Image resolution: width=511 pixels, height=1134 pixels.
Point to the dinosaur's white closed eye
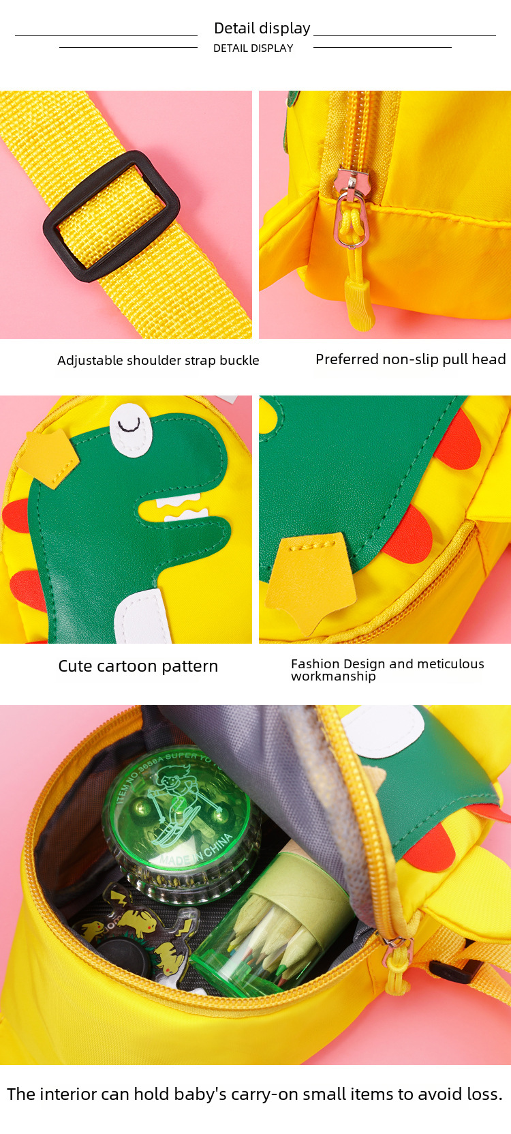coord(131,430)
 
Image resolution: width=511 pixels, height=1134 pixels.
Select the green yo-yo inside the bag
coord(182,826)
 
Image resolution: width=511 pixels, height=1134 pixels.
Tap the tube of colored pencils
coord(273,926)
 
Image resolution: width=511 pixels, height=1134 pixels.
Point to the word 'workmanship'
coord(333,676)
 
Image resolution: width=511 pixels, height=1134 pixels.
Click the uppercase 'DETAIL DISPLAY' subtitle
coord(253,48)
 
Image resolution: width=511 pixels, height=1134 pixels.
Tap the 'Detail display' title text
coord(262,28)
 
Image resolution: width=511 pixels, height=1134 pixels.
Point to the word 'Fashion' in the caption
coord(315,663)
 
